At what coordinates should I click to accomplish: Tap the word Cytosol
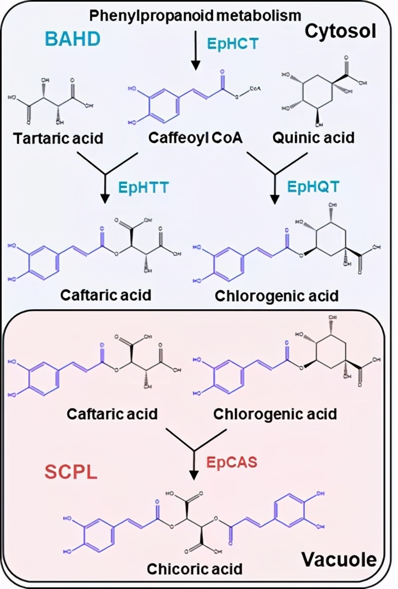click(x=340, y=31)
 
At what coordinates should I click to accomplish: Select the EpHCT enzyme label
click(x=233, y=44)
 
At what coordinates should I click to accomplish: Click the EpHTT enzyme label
click(x=143, y=188)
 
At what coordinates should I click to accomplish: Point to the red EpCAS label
click(x=232, y=462)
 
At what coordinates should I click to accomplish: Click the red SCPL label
click(x=71, y=472)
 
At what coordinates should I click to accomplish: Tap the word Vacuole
click(x=339, y=559)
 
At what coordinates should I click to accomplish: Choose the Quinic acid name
click(x=313, y=137)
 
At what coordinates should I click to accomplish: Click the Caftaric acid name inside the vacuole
click(x=112, y=413)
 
